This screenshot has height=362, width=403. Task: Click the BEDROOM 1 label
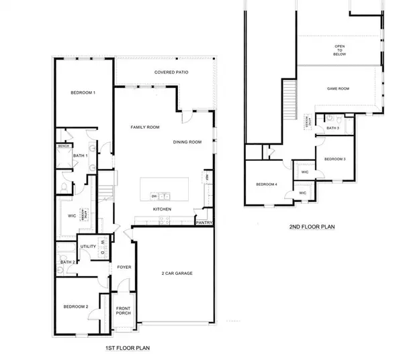pos(83,93)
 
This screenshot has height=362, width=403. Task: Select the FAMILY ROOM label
pos(144,126)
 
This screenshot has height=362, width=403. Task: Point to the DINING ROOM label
pos(187,141)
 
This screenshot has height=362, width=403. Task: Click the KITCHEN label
pos(162,209)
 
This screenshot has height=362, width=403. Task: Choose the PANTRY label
pos(204,222)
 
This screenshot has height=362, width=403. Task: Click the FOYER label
pos(124,267)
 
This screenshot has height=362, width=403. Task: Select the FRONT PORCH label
pos(123,311)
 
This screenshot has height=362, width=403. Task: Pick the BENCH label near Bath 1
pos(64,145)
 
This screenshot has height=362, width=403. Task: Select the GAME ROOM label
pos(340,88)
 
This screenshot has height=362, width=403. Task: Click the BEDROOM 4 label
pos(266,184)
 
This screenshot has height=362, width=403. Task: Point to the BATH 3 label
pos(332,127)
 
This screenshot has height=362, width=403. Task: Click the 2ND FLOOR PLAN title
pos(312,227)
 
